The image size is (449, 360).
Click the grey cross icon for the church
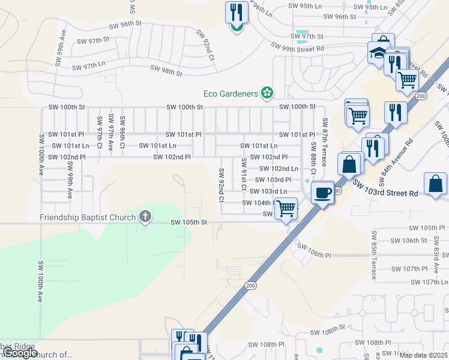coord(145,217)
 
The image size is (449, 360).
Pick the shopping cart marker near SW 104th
coord(287,209)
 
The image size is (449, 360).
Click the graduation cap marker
coord(378,53)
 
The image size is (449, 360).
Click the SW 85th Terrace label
coord(373,255)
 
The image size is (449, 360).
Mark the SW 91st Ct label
coord(244,174)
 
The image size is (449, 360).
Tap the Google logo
coord(19,353)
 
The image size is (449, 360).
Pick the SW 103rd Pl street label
coord(273,179)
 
